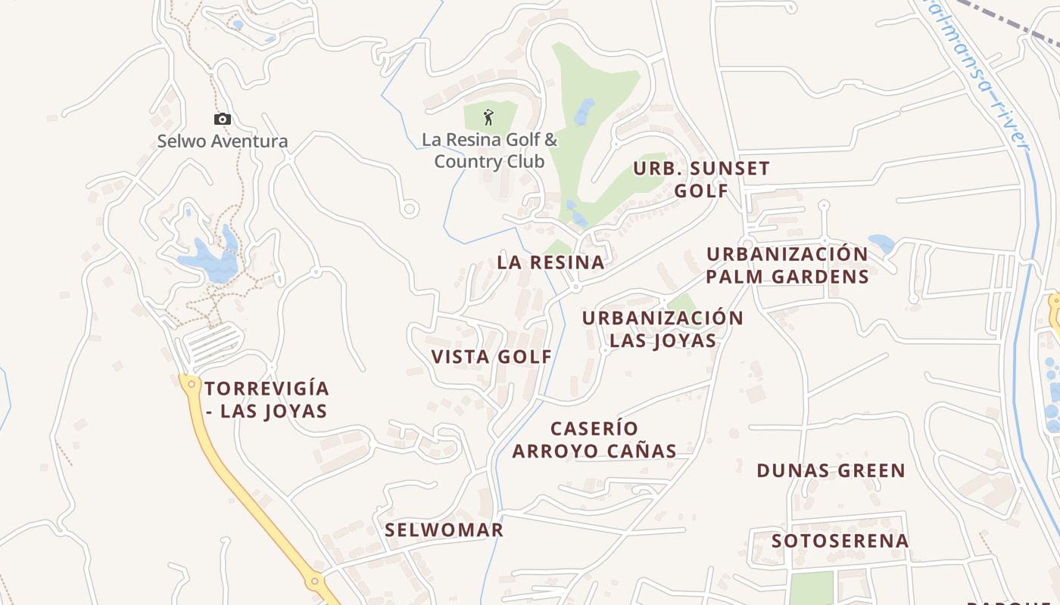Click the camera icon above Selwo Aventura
pyautogui.click(x=222, y=119)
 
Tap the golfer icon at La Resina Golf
pyautogui.click(x=488, y=117)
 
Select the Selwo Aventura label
pyautogui.click(x=223, y=141)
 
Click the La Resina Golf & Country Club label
pyautogui.click(x=489, y=150)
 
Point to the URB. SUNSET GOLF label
pyautogui.click(x=701, y=179)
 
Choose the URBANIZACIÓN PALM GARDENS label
pyautogui.click(x=787, y=265)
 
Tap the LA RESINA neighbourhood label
pyautogui.click(x=550, y=262)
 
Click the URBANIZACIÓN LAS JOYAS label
pyautogui.click(x=662, y=329)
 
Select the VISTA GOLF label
pyautogui.click(x=491, y=357)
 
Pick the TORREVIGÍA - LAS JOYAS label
pyautogui.click(x=267, y=400)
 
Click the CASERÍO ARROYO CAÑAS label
pyautogui.click(x=594, y=440)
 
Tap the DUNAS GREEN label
pyautogui.click(x=831, y=470)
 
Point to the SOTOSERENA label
pyautogui.click(x=840, y=541)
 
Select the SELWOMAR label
pyautogui.click(x=444, y=529)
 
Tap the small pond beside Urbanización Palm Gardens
pyautogui.click(x=881, y=244)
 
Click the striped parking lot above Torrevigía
pyautogui.click(x=214, y=342)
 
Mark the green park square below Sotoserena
pyautogui.click(x=810, y=588)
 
